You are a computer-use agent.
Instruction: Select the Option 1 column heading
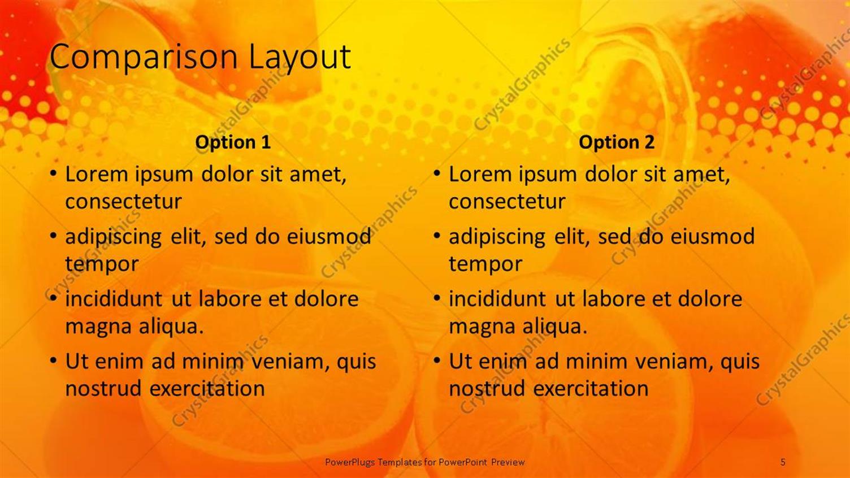pos(233,142)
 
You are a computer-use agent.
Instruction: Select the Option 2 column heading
pos(617,142)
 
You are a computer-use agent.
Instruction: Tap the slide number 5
pos(783,462)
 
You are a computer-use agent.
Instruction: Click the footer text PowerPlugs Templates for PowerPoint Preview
pos(424,462)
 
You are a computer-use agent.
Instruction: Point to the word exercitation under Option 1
pos(207,389)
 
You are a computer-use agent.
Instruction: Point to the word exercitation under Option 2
pos(591,389)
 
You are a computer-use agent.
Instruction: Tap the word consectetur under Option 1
pos(123,202)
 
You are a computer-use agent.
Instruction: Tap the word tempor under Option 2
pos(485,264)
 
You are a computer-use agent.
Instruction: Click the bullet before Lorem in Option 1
pos(53,173)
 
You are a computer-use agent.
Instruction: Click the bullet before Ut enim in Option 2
pos(437,360)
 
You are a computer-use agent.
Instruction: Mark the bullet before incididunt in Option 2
pos(437,298)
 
